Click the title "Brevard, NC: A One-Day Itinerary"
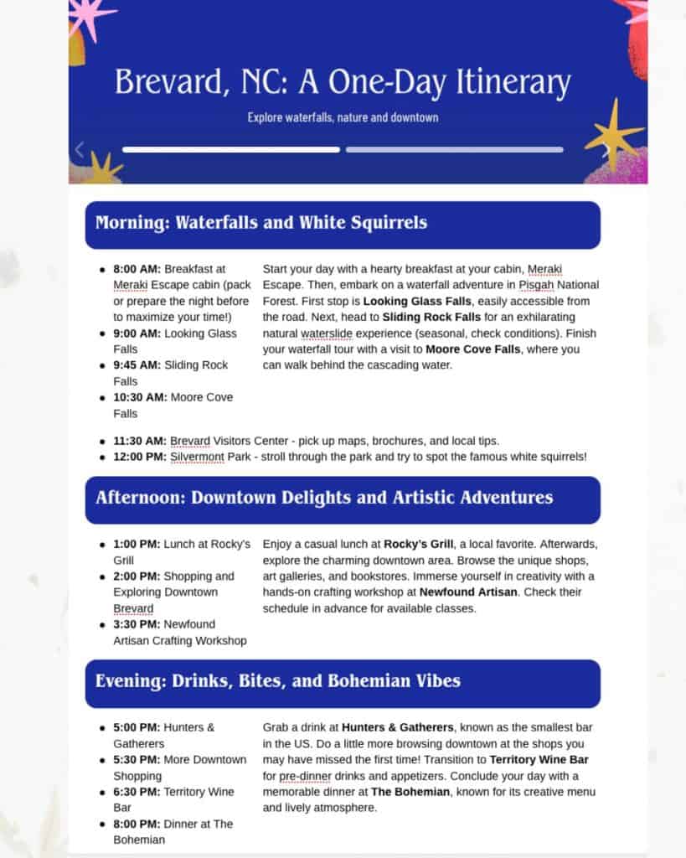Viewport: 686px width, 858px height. pyautogui.click(x=343, y=83)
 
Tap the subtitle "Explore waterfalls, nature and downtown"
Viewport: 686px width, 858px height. pyautogui.click(x=343, y=117)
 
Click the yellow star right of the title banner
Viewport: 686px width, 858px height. pyautogui.click(x=614, y=133)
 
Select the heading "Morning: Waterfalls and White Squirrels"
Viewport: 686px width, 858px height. pyautogui.click(x=261, y=223)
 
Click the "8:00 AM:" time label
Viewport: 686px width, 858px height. pyautogui.click(x=137, y=269)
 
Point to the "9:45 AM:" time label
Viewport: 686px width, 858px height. pyautogui.click(x=137, y=365)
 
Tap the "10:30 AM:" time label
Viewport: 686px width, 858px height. pyautogui.click(x=141, y=397)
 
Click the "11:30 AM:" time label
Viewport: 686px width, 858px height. pyautogui.click(x=141, y=441)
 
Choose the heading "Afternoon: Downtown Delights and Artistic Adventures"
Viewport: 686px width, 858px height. pyautogui.click(x=324, y=498)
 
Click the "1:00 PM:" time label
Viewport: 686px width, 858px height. pyautogui.click(x=137, y=545)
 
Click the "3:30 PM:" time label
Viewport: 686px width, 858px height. pyautogui.click(x=137, y=624)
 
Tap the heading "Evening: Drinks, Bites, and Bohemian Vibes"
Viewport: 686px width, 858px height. pyautogui.click(x=278, y=680)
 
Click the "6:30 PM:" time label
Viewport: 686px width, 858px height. pyautogui.click(x=137, y=792)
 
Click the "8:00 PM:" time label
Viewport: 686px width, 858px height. pyautogui.click(x=137, y=824)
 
